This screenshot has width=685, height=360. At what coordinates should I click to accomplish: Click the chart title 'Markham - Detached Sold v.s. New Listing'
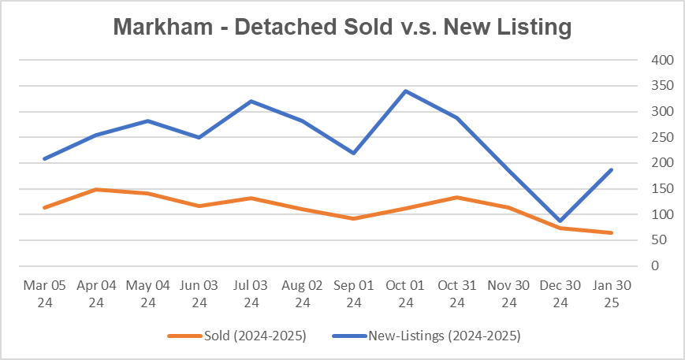[x=341, y=27]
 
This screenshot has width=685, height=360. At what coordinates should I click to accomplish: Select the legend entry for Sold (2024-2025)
[x=236, y=336]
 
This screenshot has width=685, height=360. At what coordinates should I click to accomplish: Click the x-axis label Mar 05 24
[x=44, y=293]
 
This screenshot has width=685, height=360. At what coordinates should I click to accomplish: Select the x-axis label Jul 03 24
[x=251, y=293]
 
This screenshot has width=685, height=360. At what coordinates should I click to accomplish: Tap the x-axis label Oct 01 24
[x=405, y=293]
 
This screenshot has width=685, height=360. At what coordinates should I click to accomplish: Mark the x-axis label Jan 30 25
[x=612, y=293]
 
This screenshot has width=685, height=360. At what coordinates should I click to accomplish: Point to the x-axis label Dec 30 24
[x=560, y=293]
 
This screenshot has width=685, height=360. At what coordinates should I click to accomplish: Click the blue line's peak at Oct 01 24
[x=405, y=91]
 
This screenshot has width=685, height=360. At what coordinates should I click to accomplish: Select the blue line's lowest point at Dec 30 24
[x=560, y=221]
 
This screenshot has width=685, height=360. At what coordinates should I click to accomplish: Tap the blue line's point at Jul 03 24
[x=251, y=101]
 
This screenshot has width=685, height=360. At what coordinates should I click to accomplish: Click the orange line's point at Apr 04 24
[x=96, y=189]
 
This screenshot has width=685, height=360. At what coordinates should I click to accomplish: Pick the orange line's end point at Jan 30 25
[x=612, y=232]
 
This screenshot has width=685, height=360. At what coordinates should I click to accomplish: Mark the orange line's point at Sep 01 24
[x=354, y=218]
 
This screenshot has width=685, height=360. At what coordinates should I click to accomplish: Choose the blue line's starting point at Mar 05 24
[x=44, y=159]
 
